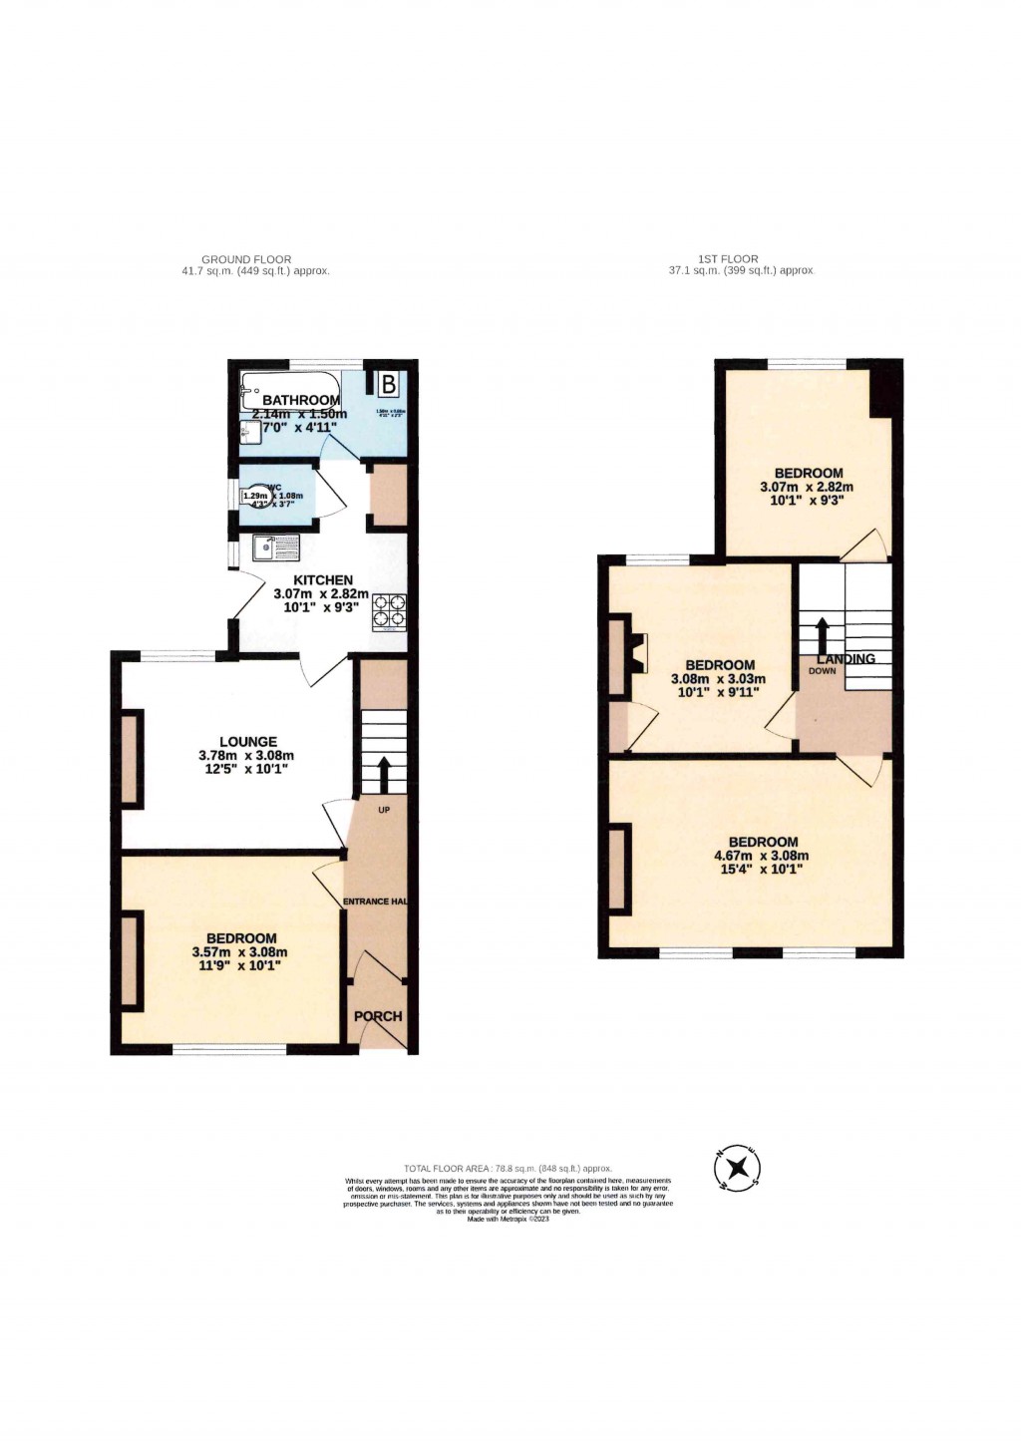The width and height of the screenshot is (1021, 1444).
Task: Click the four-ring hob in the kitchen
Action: click(390, 612)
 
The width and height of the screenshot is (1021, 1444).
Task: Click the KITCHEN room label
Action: click(322, 579)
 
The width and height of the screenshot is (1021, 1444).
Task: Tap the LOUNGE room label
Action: click(248, 741)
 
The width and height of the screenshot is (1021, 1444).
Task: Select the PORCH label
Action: click(378, 1016)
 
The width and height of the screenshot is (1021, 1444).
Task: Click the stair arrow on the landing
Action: click(822, 635)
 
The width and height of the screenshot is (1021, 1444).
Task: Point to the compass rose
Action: click(738, 1168)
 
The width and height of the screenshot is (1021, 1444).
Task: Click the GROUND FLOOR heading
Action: click(246, 259)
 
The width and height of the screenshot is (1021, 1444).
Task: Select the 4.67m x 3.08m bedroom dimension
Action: click(761, 856)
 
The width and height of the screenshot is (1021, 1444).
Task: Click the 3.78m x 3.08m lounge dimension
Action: click(246, 756)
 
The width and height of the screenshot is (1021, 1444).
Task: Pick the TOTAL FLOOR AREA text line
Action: click(508, 1168)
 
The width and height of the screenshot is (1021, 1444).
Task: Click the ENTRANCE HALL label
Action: click(375, 902)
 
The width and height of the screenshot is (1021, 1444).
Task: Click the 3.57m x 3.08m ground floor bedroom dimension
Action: click(239, 952)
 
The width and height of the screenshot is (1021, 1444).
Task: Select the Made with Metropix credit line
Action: click(508, 1219)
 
